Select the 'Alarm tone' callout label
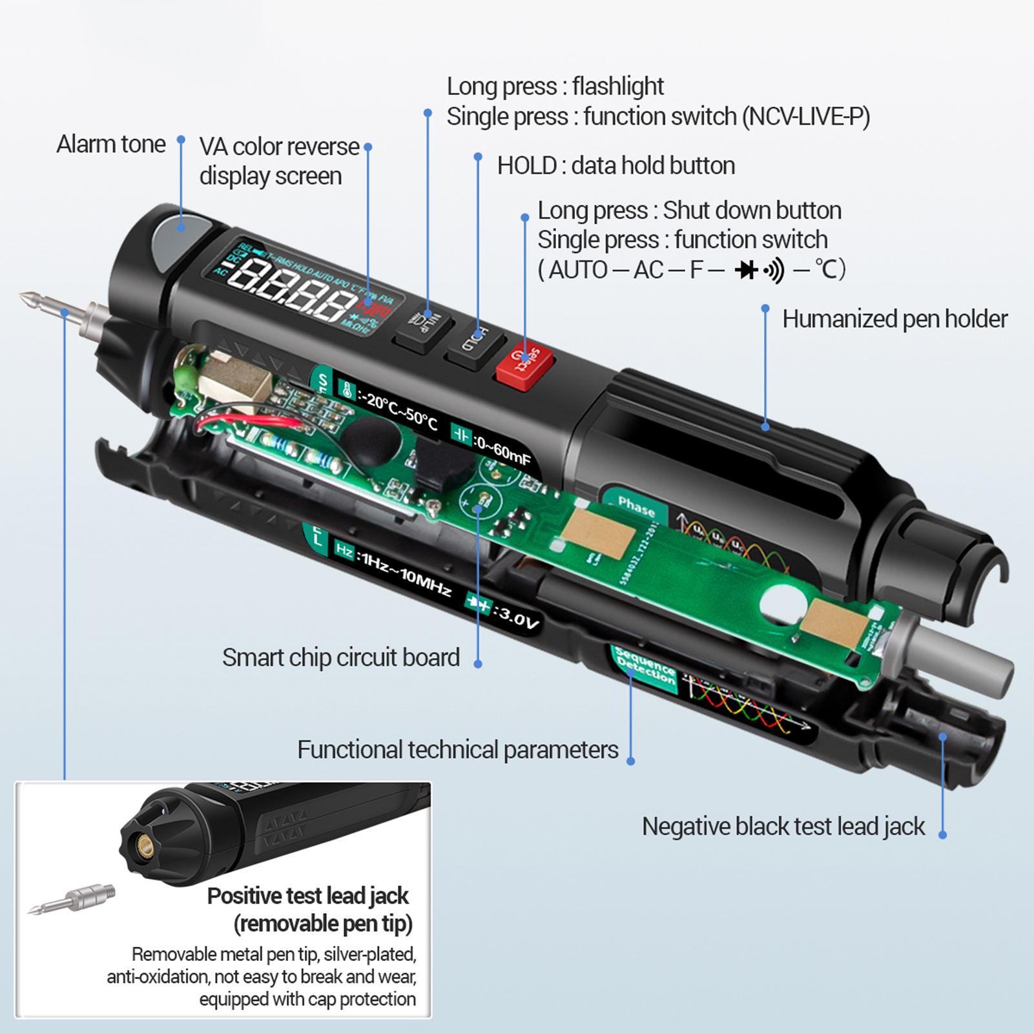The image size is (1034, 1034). pyautogui.click(x=110, y=144)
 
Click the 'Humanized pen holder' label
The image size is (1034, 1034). pyautogui.click(x=894, y=318)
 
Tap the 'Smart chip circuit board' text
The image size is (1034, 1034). pyautogui.click(x=341, y=657)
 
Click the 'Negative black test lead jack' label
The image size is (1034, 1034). pyautogui.click(x=783, y=826)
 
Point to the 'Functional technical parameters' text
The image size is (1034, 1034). pyautogui.click(x=457, y=749)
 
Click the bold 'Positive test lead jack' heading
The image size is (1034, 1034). pyautogui.click(x=307, y=896)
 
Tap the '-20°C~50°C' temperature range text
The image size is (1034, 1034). pyautogui.click(x=401, y=411)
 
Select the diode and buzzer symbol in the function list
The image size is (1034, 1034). pyautogui.click(x=759, y=270)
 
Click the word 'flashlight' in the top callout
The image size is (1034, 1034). pyautogui.click(x=618, y=86)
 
